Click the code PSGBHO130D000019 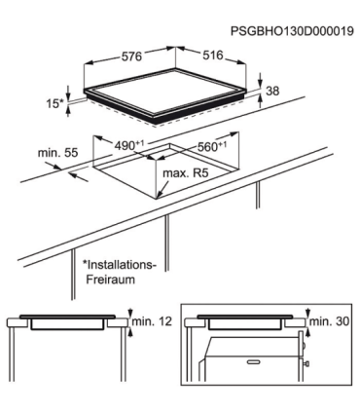click(292, 31)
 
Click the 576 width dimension click(131, 56)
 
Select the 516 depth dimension click(213, 56)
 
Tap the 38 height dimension click(272, 91)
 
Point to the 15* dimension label click(55, 104)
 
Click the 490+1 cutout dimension click(129, 145)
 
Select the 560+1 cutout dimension click(212, 146)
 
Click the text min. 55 click(58, 153)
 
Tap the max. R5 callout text click(185, 173)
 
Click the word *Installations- click(120, 265)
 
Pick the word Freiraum click(110, 280)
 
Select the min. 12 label click(151, 321)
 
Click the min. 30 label click(329, 321)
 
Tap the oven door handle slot click(254, 361)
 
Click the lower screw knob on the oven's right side click(306, 363)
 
